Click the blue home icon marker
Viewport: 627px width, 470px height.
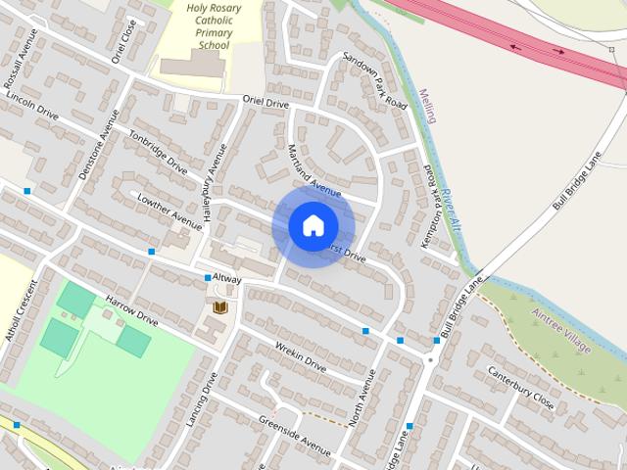[x=313, y=225]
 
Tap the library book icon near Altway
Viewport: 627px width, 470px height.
[x=221, y=308]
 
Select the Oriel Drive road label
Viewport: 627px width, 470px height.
[x=266, y=102]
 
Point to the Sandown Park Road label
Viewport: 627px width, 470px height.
[x=375, y=80]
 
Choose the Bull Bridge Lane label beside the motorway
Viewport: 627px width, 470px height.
[x=576, y=180]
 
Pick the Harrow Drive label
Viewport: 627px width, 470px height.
[x=131, y=310]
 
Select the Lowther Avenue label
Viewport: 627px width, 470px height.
[x=169, y=212]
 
